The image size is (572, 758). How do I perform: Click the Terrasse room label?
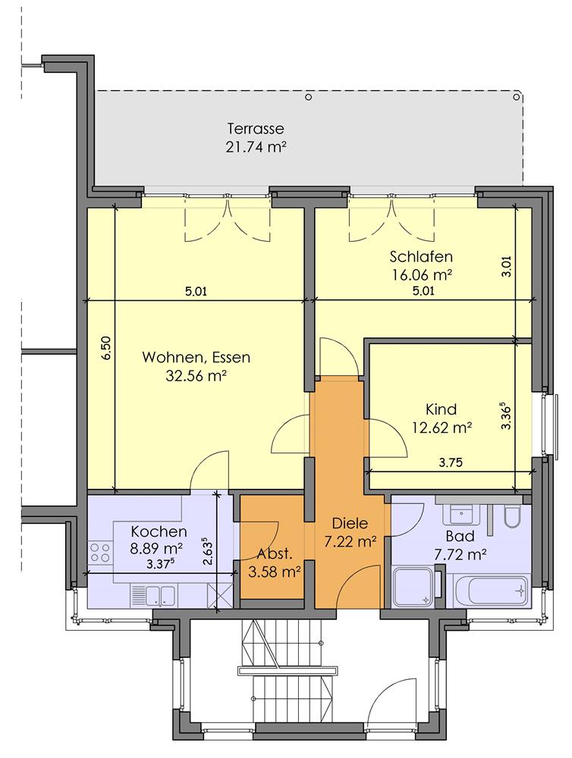(x=256, y=129)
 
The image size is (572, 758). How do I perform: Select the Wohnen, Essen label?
(x=196, y=358)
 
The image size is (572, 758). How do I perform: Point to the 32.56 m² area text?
(x=196, y=376)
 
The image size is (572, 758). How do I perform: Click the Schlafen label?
(x=421, y=256)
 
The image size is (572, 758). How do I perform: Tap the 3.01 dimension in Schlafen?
(x=507, y=266)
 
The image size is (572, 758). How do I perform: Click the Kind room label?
(x=441, y=409)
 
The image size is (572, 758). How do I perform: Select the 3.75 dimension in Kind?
(x=451, y=462)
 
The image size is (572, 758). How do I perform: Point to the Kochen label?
(x=159, y=532)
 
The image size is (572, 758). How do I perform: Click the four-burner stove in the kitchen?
(x=99, y=553)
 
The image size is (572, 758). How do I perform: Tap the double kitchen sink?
(x=154, y=595)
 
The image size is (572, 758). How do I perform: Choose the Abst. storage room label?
(x=275, y=554)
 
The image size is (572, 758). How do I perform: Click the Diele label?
(x=350, y=523)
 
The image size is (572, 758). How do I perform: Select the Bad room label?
(x=460, y=536)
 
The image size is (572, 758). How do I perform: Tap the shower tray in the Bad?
(x=413, y=587)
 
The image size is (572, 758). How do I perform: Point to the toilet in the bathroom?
(x=511, y=516)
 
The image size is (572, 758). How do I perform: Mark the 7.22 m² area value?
(x=350, y=542)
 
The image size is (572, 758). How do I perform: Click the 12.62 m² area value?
(x=442, y=428)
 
